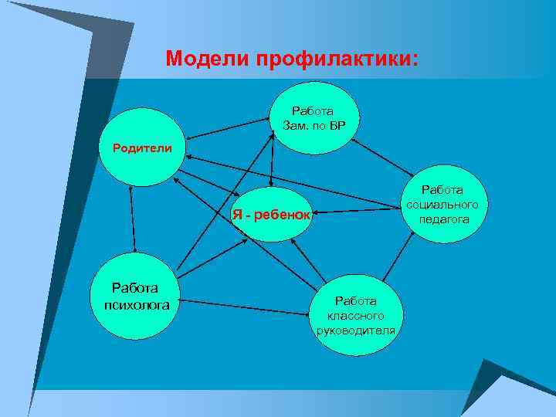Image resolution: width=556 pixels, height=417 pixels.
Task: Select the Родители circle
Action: coord(143,147)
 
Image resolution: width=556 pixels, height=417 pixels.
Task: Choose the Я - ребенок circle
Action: coord(271,214)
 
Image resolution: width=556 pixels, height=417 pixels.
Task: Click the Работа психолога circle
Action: coord(134,297)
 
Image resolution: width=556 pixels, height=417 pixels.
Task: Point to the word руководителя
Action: coord(355,331)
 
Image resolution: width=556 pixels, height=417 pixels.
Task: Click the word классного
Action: coord(355,316)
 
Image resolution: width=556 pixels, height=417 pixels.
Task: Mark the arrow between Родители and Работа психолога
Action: coord(133,219)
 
